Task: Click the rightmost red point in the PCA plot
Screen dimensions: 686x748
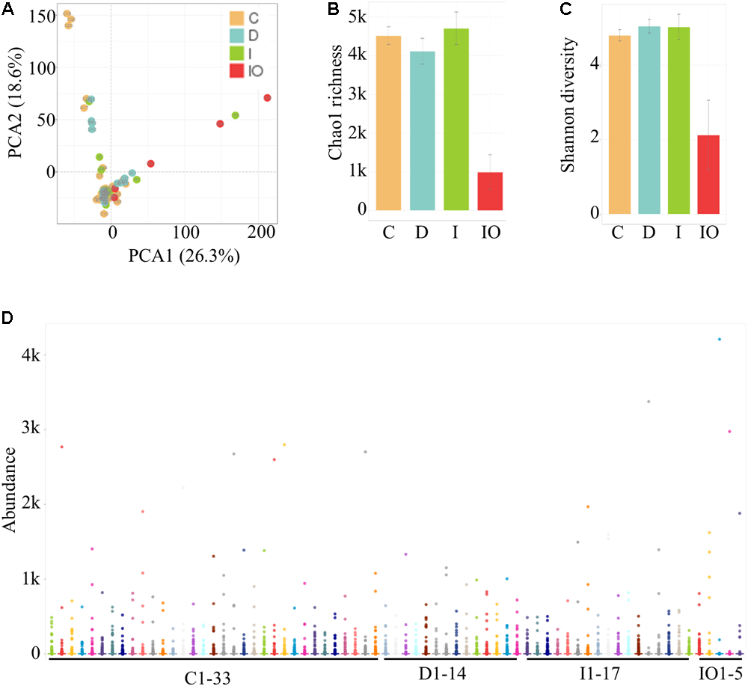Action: [x=267, y=98]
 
